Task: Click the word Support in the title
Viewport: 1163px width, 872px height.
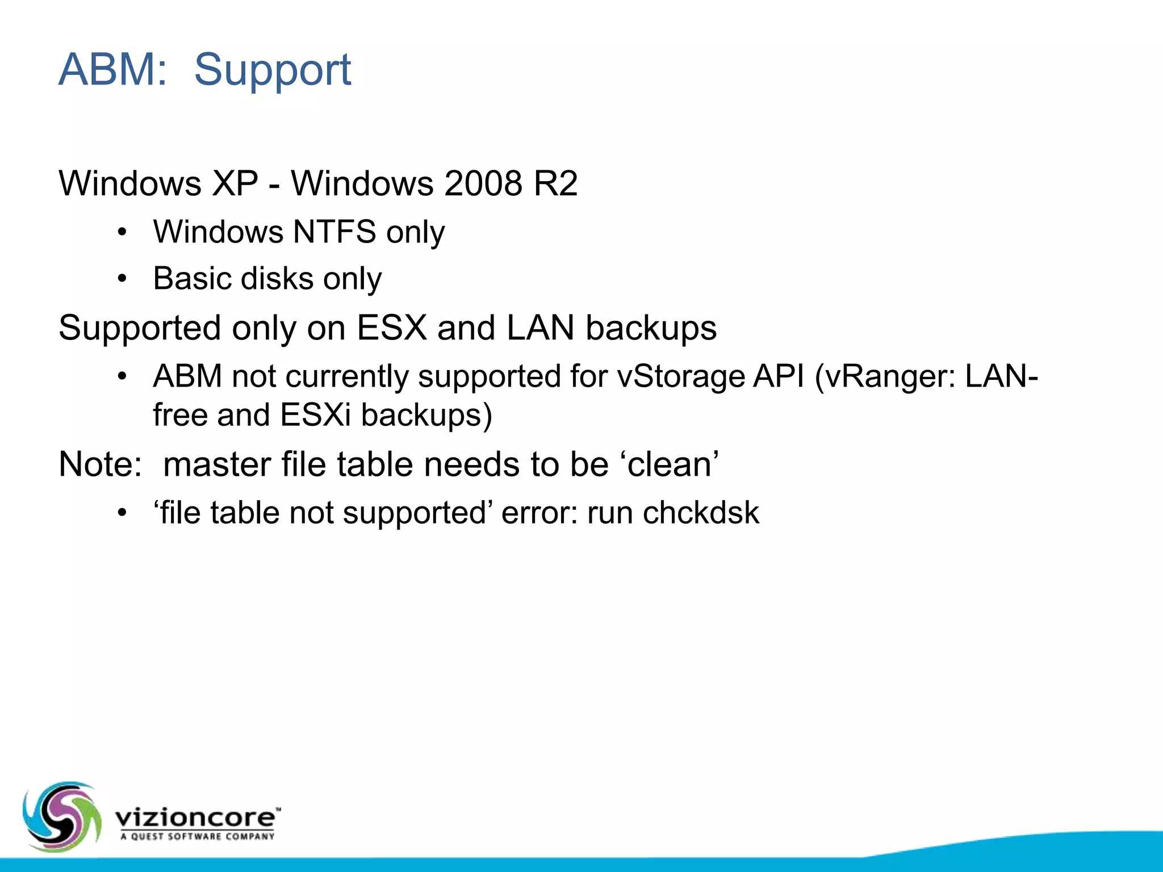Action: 273,70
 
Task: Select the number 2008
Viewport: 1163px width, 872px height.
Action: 483,183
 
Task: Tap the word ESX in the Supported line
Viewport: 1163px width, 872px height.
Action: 391,328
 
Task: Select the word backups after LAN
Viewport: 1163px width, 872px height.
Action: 651,328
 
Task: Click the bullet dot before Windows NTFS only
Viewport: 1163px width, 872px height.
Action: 122,232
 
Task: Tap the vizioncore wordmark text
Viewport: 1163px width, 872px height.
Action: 196,818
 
